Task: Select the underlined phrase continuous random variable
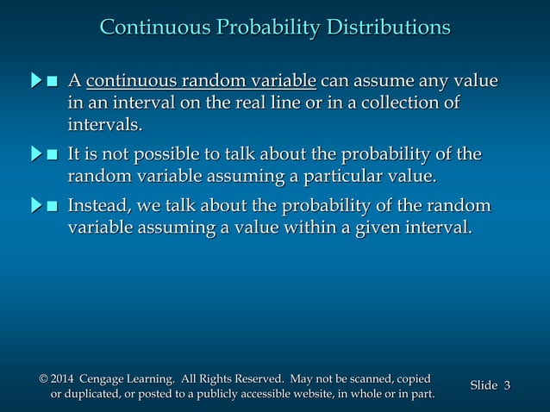point(203,83)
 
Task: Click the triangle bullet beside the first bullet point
point(36,83)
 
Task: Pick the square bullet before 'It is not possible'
point(53,156)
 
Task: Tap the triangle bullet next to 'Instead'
point(36,207)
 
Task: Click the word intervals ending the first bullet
point(105,126)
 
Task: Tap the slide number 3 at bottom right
point(507,385)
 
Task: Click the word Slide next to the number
point(484,385)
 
